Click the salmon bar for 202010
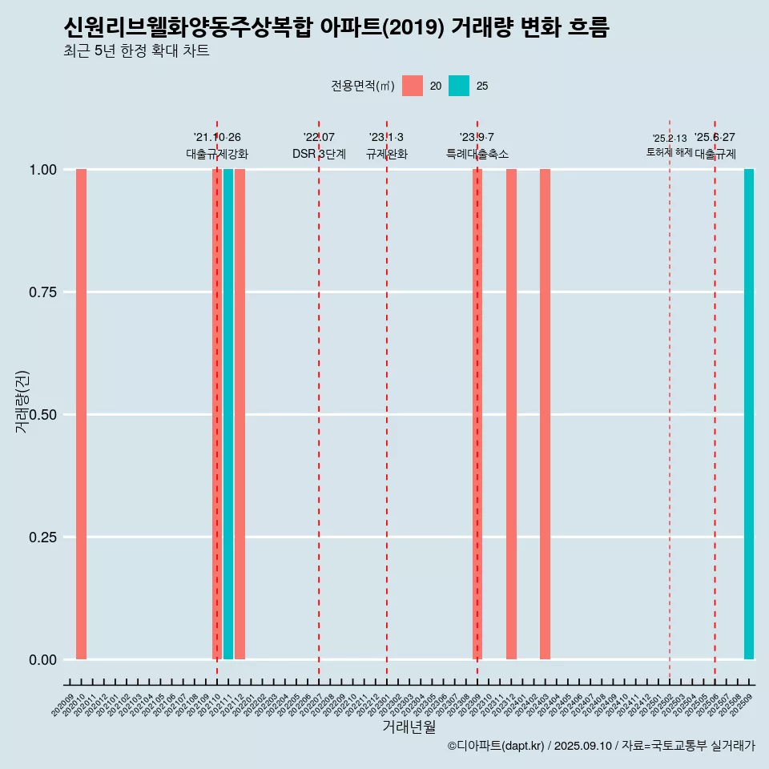[81, 414]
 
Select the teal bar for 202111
[228, 414]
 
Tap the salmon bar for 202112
[240, 414]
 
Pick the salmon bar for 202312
[511, 414]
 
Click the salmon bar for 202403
[545, 414]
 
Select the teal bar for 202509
[749, 414]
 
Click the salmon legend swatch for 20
[413, 86]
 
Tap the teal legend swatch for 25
[459, 86]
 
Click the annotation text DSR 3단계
[319, 154]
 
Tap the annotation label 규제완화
[387, 154]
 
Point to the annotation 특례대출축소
[477, 154]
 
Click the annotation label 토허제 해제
[669, 152]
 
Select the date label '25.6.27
[715, 138]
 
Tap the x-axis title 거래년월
[409, 727]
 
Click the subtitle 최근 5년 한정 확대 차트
[136, 51]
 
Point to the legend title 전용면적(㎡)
[363, 86]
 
